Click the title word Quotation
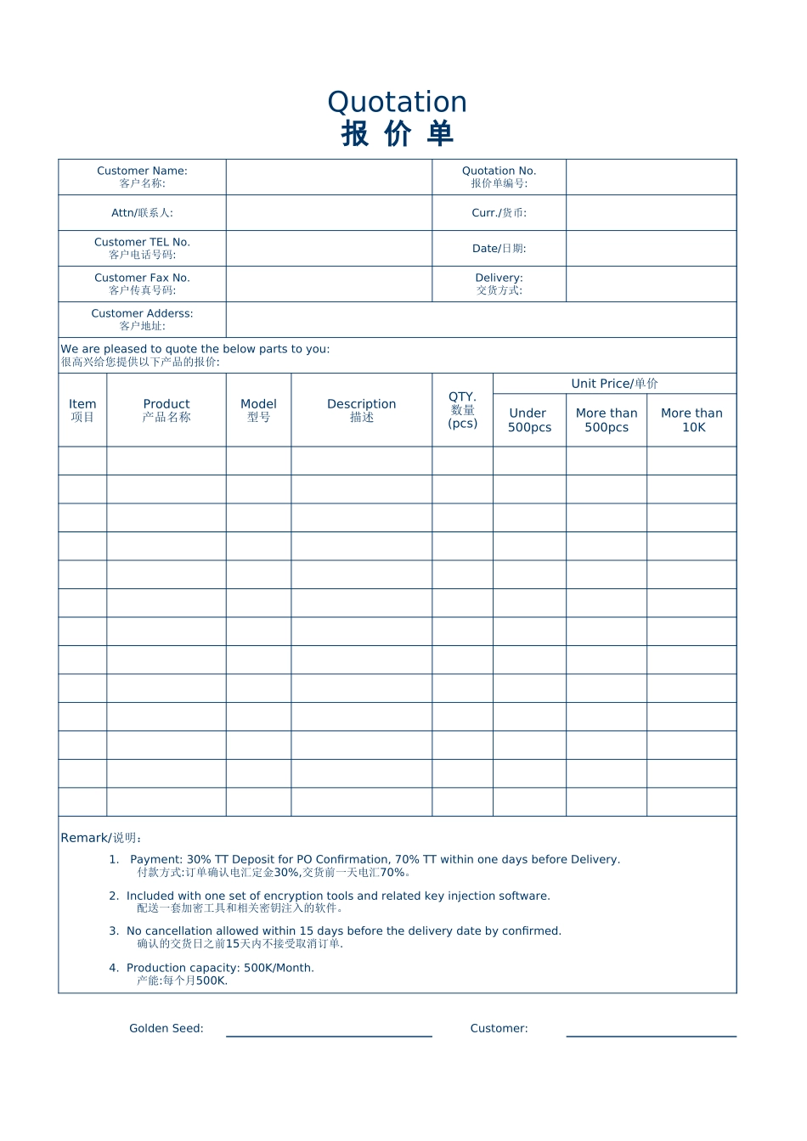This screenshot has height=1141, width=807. click(x=397, y=103)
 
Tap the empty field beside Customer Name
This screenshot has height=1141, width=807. click(x=329, y=177)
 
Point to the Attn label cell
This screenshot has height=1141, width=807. click(x=142, y=213)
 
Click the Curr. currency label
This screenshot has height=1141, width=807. click(x=499, y=213)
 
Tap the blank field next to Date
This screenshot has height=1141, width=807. click(x=651, y=249)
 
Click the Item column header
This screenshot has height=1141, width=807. click(x=82, y=410)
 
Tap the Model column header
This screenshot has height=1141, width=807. click(x=258, y=410)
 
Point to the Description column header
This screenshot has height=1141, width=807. click(x=361, y=410)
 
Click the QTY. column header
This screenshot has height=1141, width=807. click(x=462, y=410)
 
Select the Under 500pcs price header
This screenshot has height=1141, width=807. click(x=529, y=420)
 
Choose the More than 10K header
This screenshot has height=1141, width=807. click(x=691, y=420)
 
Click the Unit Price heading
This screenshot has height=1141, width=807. click(x=614, y=384)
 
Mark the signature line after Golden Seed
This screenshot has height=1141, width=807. click(x=329, y=1034)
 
